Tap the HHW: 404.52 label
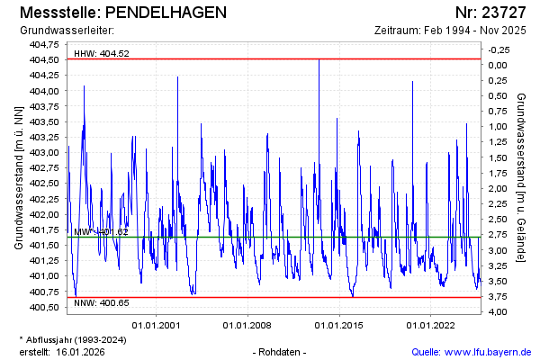(x=102, y=53)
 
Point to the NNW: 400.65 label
(x=102, y=302)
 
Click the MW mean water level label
(x=101, y=232)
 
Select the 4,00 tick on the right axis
(x=497, y=312)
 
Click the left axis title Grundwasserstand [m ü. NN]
(x=18, y=176)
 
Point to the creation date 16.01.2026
(x=81, y=351)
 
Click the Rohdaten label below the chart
(x=281, y=351)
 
